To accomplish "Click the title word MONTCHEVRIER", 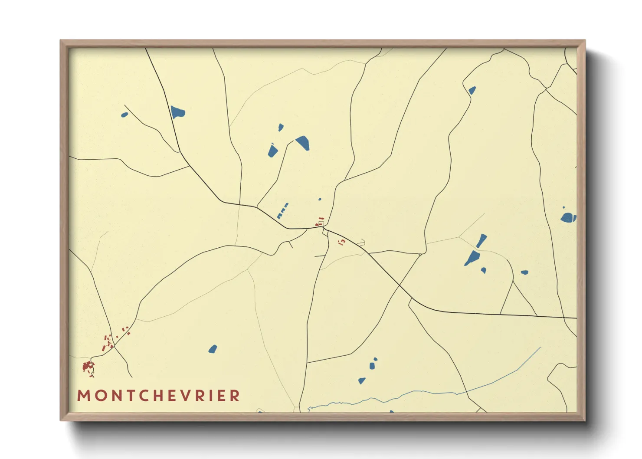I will (x=158, y=396).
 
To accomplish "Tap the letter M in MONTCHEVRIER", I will (x=83, y=396).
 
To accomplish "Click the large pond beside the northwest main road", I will (x=177, y=112).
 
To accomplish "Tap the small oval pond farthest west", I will (x=124, y=115).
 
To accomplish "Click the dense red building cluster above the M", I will (x=88, y=367).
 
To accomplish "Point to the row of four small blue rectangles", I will (x=282, y=210).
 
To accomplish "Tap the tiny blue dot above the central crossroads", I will (x=320, y=199).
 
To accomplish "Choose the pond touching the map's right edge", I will (x=568, y=217).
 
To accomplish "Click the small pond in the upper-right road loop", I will (x=472, y=90).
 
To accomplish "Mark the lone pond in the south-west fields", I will (x=213, y=349).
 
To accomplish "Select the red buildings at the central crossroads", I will (x=320, y=222).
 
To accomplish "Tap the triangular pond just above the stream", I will (x=361, y=380).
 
